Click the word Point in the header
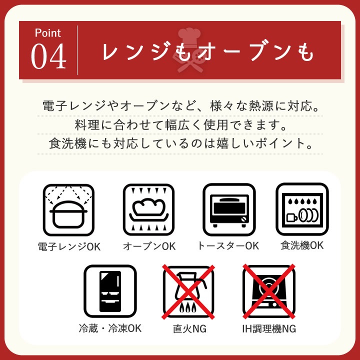pyautogui.click(x=48, y=33)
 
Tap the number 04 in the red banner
pyautogui.click(x=48, y=56)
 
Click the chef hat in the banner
pyautogui.click(x=189, y=37)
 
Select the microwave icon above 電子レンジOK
pyautogui.click(x=68, y=210)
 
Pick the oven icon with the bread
pyautogui.click(x=149, y=209)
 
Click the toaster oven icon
pyautogui.click(x=229, y=209)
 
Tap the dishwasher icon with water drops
pyautogui.click(x=302, y=209)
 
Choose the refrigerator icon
pyautogui.click(x=110, y=291)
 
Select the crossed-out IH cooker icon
pyautogui.click(x=269, y=291)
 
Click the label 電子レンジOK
pyautogui.click(x=69, y=247)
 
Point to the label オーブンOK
pyautogui.click(x=149, y=246)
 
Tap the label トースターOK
pyautogui.click(x=228, y=246)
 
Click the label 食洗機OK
pyautogui.click(x=302, y=245)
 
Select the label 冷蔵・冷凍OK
pyautogui.click(x=110, y=328)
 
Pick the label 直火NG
pyautogui.click(x=189, y=329)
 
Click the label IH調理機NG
pyautogui.click(x=269, y=329)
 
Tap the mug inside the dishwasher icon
pyautogui.click(x=291, y=217)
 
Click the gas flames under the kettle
pyautogui.click(x=188, y=307)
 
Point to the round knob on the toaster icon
pyautogui.click(x=243, y=219)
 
